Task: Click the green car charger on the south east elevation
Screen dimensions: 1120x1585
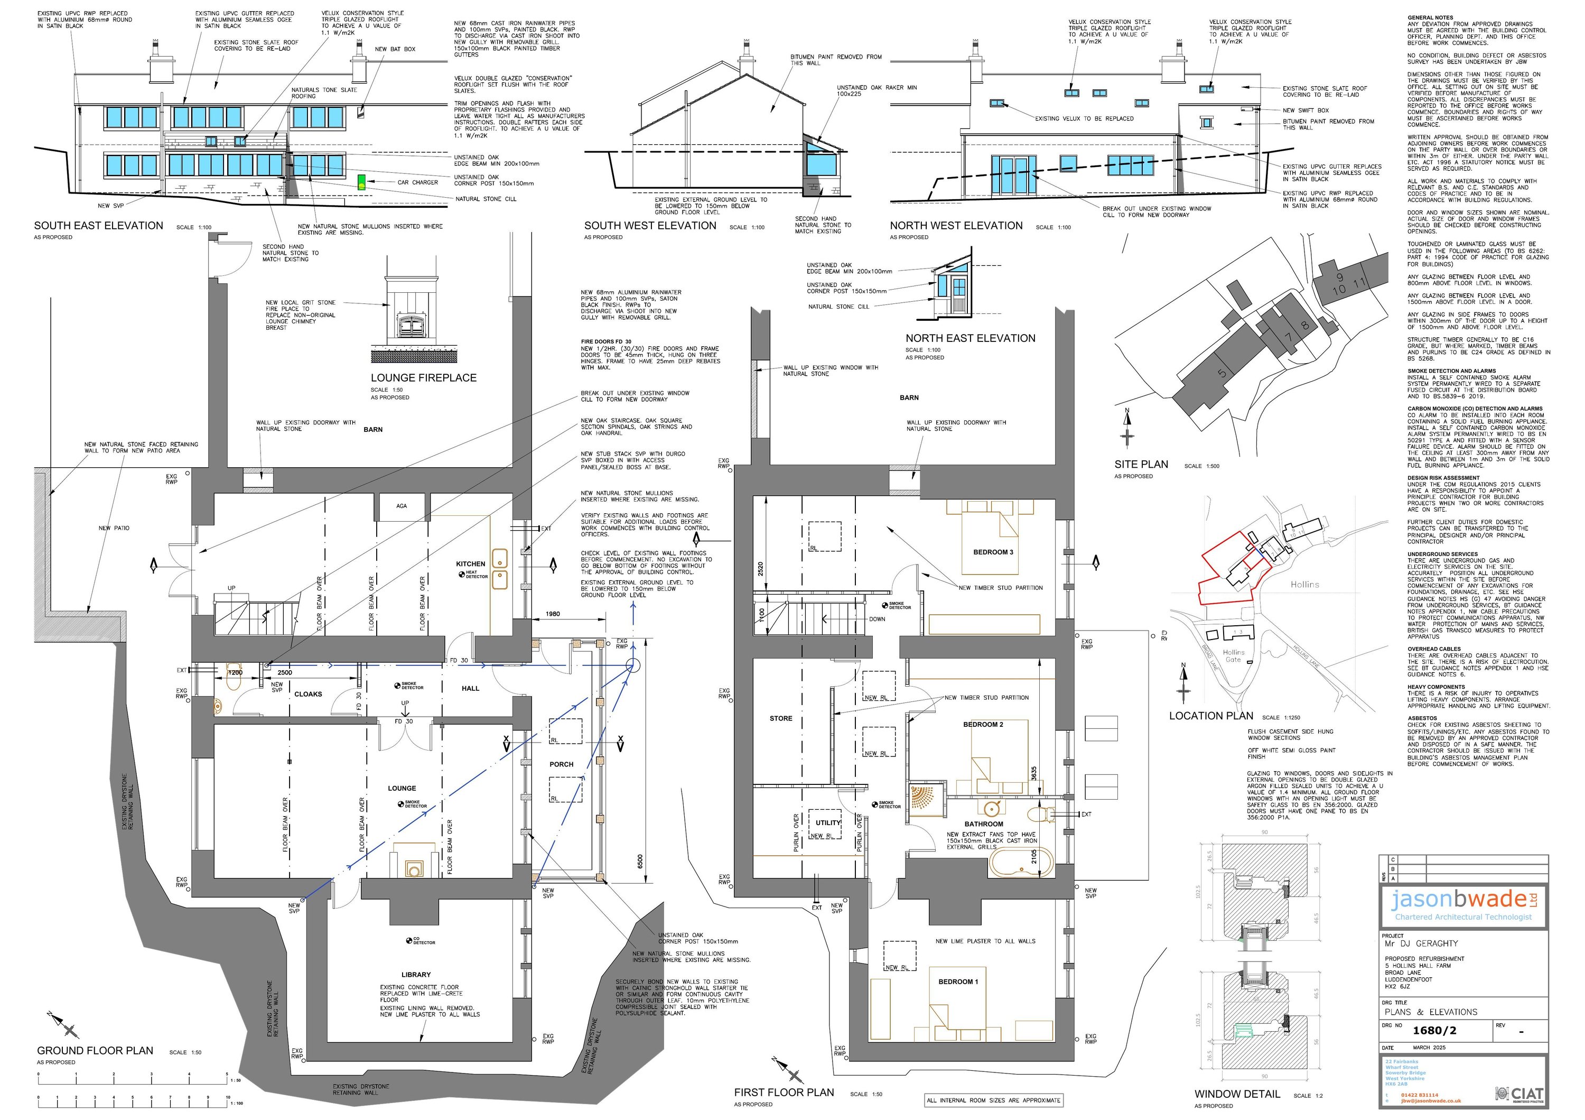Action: click(x=361, y=182)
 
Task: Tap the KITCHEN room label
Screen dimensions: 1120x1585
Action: click(x=471, y=563)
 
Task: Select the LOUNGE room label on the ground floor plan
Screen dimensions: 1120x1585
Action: click(x=402, y=788)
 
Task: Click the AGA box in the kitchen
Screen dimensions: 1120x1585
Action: click(x=402, y=506)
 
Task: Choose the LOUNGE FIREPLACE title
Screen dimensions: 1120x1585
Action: click(x=423, y=378)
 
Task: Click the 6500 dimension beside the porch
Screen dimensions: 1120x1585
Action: click(x=640, y=862)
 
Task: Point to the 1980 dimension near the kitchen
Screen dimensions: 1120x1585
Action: click(x=552, y=614)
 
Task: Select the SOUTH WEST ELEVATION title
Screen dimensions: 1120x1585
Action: click(x=650, y=226)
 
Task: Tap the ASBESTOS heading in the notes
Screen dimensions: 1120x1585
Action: click(x=1422, y=718)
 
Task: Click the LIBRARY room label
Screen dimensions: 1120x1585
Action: click(x=416, y=974)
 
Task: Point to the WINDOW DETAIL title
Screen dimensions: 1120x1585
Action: click(x=1237, y=1094)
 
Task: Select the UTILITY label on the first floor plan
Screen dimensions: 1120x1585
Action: click(x=828, y=822)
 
